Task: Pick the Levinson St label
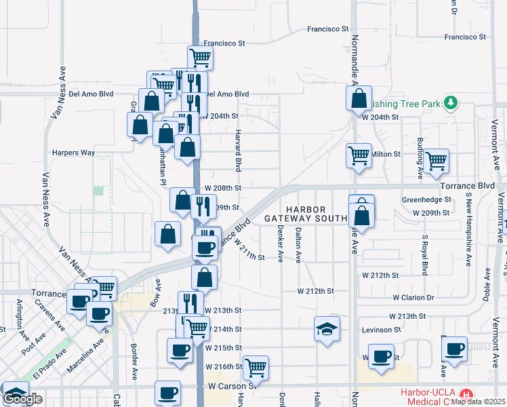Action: (382, 330)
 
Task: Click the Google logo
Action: (22, 399)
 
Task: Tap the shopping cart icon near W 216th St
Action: (256, 368)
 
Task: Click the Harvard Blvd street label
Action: (238, 150)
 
